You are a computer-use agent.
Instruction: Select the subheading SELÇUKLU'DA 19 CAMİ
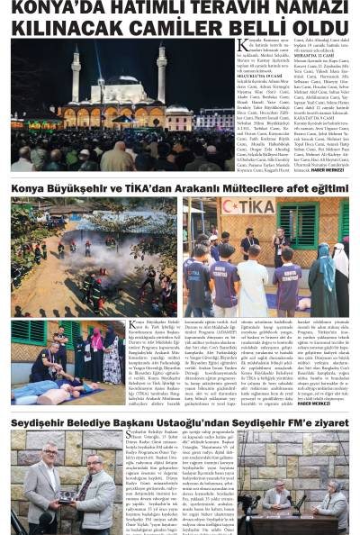(260, 79)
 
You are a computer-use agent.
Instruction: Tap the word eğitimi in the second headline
(322, 188)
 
